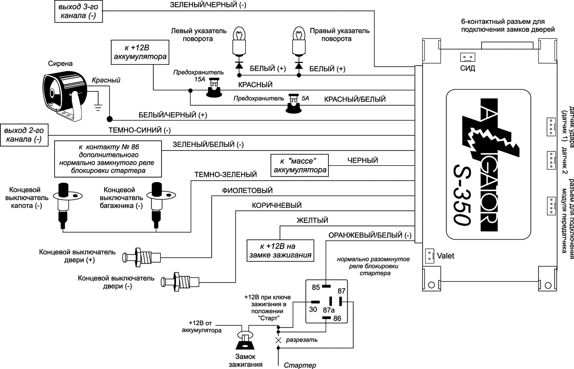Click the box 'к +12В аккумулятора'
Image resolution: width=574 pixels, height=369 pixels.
[140, 52]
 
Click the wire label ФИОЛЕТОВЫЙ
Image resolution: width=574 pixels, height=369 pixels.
[248, 190]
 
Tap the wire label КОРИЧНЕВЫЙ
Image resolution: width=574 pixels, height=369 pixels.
[276, 205]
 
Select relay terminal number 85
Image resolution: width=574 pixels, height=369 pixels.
[316, 288]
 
